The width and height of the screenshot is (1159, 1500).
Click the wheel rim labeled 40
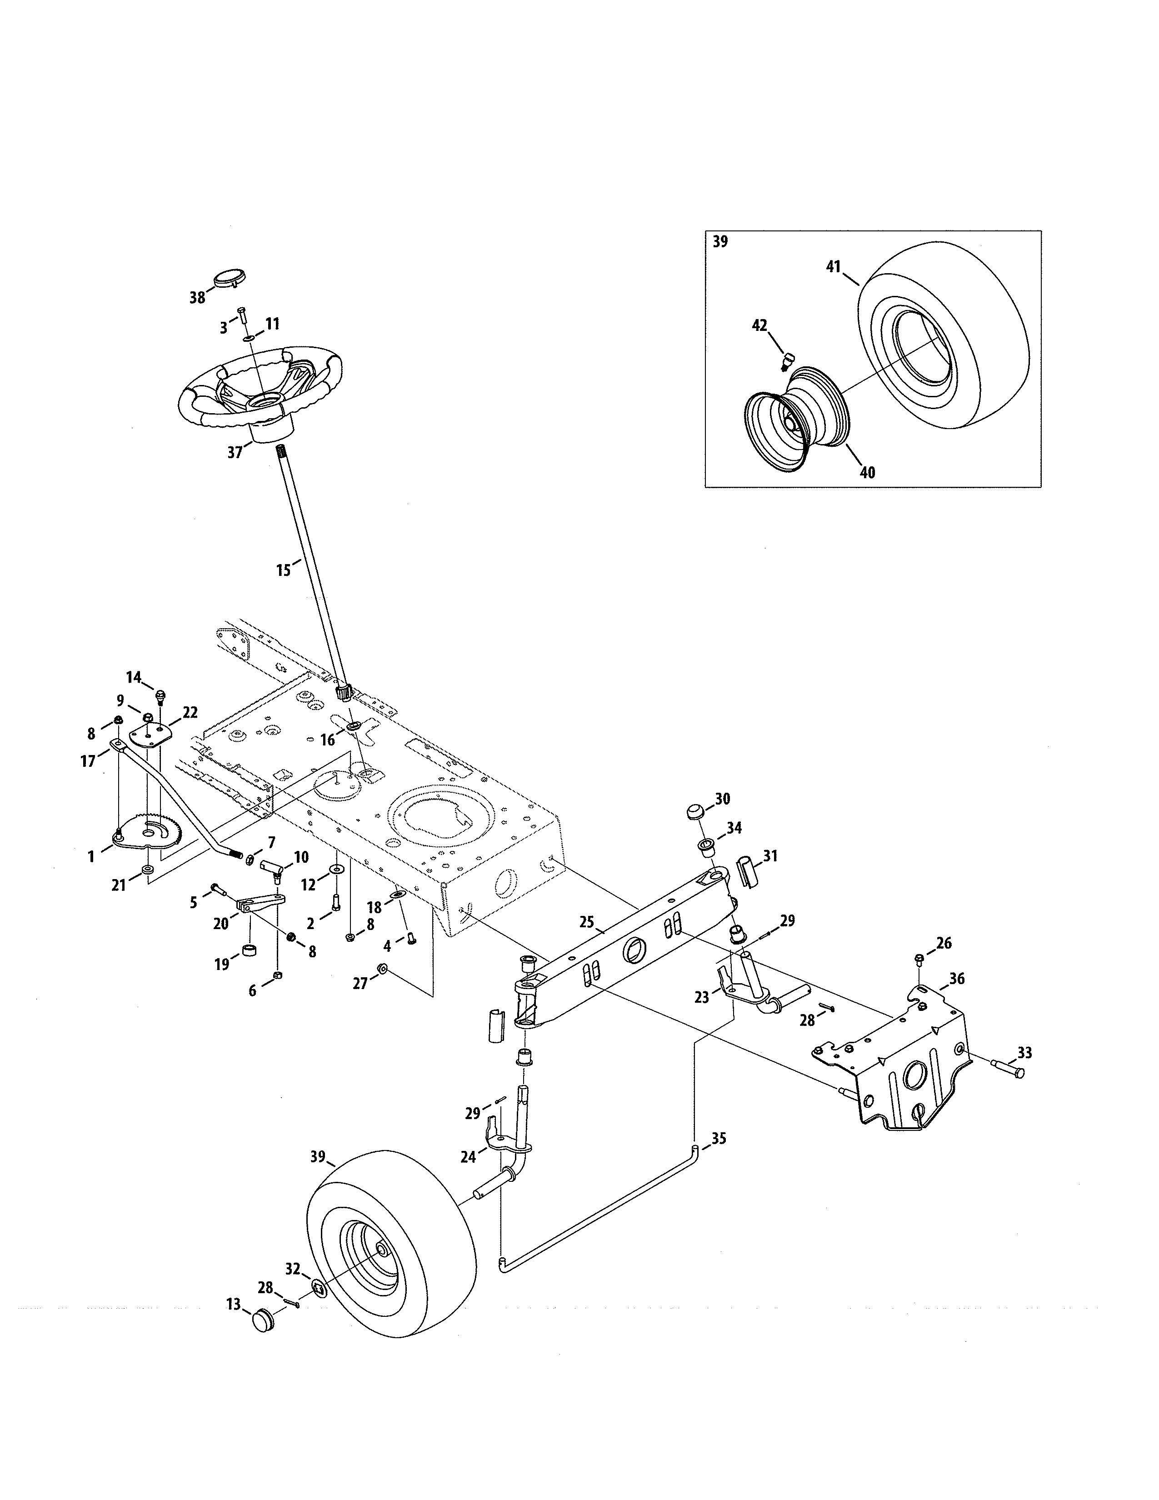point(796,419)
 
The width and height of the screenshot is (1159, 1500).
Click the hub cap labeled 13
point(264,1321)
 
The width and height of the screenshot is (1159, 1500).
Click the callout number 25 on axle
point(586,922)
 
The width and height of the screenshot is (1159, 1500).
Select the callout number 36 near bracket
point(956,979)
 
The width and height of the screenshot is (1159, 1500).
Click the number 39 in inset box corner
point(720,242)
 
